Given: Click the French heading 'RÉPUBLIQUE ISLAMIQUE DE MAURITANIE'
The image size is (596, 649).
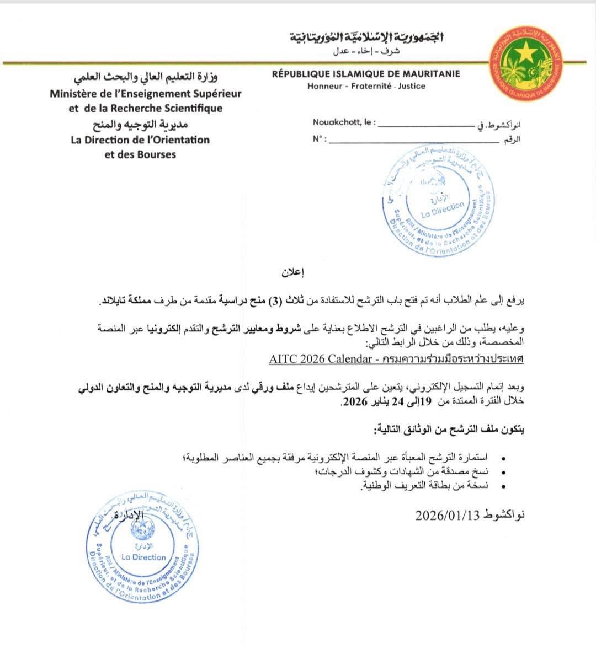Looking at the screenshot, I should (x=366, y=74).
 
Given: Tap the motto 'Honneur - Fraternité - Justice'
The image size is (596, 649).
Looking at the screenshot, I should (x=366, y=86).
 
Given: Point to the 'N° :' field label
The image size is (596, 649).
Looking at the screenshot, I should (x=320, y=139).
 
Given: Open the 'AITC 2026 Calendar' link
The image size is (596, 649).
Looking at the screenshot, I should (x=320, y=359).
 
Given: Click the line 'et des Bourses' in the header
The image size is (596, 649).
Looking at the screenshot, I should (x=140, y=154).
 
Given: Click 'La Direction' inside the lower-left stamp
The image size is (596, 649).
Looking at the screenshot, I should (x=143, y=557).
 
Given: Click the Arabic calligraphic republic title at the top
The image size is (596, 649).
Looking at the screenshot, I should (x=367, y=37).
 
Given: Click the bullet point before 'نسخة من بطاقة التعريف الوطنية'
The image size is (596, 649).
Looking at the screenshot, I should (x=501, y=486).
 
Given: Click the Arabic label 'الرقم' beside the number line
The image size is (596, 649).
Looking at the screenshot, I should (x=512, y=139).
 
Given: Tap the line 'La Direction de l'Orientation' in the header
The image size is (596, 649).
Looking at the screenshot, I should (x=140, y=140).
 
